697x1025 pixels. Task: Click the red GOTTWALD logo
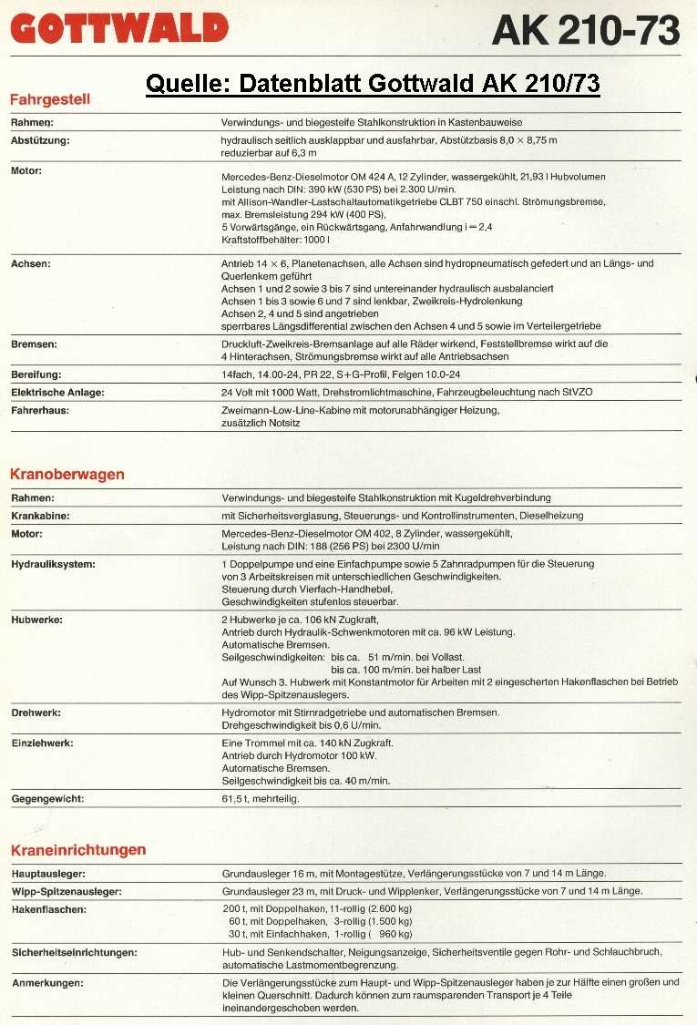[x=119, y=28]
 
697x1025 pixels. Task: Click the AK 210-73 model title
[x=585, y=31]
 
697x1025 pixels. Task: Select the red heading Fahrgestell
[x=49, y=99]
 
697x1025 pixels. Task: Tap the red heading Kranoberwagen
[x=67, y=475]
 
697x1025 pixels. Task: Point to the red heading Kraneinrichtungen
[x=78, y=850]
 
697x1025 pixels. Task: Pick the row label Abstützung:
[x=40, y=141]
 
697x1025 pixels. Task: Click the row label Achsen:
[x=30, y=263]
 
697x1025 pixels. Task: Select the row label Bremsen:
[x=35, y=343]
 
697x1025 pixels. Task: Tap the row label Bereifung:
[x=36, y=374]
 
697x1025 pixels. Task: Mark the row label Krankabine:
[x=41, y=517]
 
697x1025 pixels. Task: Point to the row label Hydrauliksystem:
[x=54, y=565]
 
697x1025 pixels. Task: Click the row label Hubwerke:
[x=36, y=620]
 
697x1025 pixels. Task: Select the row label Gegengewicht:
[x=47, y=799]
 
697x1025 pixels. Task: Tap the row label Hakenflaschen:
[x=49, y=909]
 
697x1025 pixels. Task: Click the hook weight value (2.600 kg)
[x=388, y=909]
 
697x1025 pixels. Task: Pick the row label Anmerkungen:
[x=47, y=983]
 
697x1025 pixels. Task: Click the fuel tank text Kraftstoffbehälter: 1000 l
[x=276, y=238]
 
